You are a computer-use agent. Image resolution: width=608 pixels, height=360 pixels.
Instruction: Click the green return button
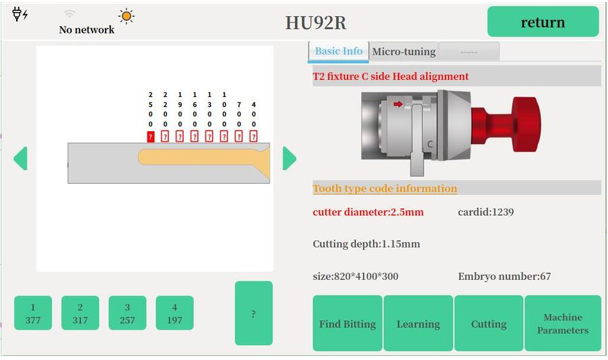(x=543, y=22)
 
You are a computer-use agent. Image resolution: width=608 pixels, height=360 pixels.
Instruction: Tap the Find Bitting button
(x=347, y=323)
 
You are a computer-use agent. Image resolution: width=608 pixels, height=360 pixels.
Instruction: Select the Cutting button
(x=489, y=323)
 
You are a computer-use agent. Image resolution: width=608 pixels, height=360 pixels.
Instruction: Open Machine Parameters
(x=563, y=323)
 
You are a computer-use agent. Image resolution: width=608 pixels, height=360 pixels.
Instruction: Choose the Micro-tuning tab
(x=404, y=52)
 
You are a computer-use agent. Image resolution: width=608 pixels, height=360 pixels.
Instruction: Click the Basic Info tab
(x=339, y=52)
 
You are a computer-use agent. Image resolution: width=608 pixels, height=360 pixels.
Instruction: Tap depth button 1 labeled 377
(x=33, y=313)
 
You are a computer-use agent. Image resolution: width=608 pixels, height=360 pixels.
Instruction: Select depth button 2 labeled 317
(x=80, y=313)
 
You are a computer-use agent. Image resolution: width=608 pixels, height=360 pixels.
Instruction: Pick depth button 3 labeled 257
(x=127, y=313)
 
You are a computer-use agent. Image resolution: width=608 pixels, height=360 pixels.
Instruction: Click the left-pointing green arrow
(x=21, y=158)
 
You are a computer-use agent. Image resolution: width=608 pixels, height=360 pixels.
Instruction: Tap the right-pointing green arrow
(x=290, y=158)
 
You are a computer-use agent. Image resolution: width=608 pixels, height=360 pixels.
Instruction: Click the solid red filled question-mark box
(x=151, y=137)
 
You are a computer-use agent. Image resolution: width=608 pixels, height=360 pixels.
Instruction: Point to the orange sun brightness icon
(x=127, y=16)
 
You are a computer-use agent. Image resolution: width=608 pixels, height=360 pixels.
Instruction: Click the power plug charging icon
(x=20, y=14)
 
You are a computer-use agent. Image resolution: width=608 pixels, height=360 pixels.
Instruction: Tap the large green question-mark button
(x=254, y=313)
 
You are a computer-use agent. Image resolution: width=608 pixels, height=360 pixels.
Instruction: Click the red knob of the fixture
(x=512, y=124)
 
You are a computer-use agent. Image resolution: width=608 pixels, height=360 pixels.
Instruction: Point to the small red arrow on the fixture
(x=398, y=104)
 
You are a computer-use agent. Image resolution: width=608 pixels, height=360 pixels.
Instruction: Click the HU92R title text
(x=316, y=22)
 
